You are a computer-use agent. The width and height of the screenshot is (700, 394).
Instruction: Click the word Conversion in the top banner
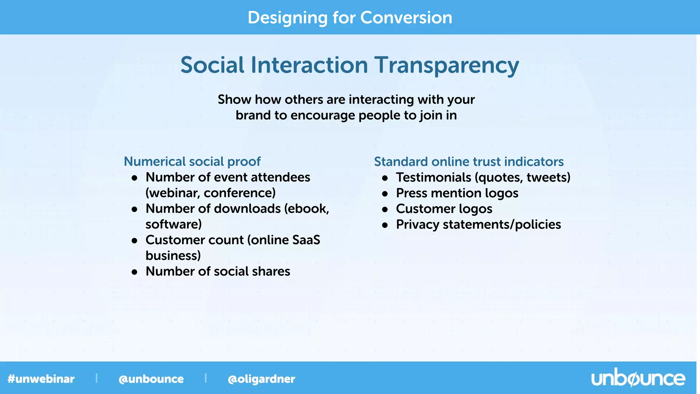tap(406, 17)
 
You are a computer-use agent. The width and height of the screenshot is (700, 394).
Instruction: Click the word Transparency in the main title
tap(446, 65)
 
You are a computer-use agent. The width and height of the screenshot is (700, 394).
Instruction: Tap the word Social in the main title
tap(212, 65)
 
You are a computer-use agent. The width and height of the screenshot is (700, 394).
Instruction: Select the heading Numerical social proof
tap(192, 161)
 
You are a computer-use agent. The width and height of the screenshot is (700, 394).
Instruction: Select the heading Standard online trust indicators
tap(469, 161)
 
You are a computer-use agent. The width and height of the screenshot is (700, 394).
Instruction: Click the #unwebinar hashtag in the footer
tap(41, 379)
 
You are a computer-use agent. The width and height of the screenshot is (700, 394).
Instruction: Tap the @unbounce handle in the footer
tap(151, 379)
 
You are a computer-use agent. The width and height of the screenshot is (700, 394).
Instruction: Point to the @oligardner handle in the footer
tap(261, 379)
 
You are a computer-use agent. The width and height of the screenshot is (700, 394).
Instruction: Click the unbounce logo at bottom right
tap(638, 378)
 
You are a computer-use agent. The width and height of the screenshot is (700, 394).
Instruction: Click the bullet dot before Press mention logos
tap(385, 194)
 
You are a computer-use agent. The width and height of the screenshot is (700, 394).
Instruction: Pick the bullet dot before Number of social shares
tap(135, 272)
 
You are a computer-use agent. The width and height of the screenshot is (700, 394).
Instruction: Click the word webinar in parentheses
tap(173, 193)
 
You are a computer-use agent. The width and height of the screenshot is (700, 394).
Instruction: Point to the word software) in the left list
tap(174, 224)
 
